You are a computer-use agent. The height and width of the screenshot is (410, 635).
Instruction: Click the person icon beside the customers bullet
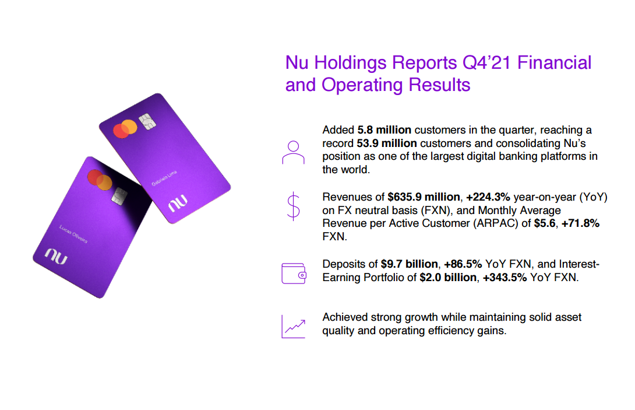[293, 152]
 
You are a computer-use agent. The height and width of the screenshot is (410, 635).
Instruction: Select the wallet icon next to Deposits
[294, 274]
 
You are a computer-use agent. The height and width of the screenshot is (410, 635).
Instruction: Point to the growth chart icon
[294, 327]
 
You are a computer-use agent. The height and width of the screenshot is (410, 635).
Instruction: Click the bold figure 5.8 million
[384, 130]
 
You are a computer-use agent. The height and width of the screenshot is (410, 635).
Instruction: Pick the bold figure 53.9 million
[386, 143]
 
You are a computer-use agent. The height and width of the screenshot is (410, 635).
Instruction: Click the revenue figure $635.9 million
[424, 197]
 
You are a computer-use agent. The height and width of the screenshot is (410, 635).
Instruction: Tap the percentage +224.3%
[488, 197]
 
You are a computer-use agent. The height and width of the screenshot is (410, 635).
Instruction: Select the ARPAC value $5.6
[545, 223]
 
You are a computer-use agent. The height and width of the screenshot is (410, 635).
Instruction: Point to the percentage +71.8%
[580, 223]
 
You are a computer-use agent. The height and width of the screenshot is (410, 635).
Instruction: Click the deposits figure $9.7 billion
[410, 264]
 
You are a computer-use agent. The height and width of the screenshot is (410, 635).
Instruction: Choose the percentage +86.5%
[463, 264]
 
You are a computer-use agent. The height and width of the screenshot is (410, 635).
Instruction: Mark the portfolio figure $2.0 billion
[448, 278]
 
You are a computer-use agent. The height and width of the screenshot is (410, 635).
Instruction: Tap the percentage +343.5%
[505, 278]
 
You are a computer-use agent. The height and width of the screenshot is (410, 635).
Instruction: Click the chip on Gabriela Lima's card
[147, 121]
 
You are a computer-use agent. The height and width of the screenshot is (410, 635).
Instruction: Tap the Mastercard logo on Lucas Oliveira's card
[100, 180]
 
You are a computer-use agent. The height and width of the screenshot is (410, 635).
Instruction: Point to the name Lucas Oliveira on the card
[73, 234]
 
